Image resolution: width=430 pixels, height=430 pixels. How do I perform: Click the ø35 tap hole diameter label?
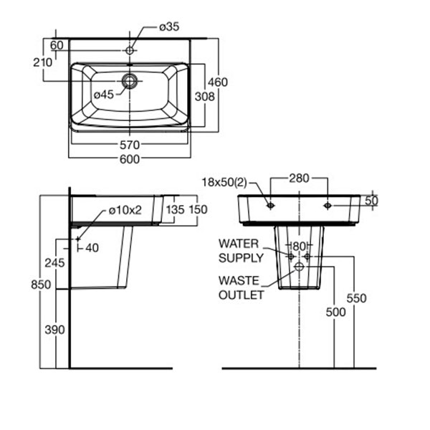pos(169,27)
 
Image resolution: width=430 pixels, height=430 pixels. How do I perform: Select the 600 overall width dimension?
pos(130,159)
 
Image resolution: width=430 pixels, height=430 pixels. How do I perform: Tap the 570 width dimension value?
pos(130,145)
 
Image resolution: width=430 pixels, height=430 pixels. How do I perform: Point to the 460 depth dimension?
pos(218,82)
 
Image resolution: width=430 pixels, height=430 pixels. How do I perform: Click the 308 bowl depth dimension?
pos(204,97)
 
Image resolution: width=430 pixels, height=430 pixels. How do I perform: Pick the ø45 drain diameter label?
pos(104,95)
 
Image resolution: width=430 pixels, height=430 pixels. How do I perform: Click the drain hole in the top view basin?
pos(130,81)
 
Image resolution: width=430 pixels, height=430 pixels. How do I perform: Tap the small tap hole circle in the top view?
pos(130,50)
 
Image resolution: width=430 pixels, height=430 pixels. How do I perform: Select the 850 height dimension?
pos(41,285)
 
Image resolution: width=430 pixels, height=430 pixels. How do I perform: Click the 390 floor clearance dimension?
pos(54,330)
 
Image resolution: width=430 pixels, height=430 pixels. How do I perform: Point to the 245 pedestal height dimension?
pos(54,263)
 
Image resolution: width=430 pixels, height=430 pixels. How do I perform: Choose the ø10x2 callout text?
pos(125,210)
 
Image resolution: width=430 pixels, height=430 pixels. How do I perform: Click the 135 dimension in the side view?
pos(176,210)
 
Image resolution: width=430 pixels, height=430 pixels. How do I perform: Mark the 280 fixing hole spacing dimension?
pos(299,178)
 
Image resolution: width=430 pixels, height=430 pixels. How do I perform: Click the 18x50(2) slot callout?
pos(224,182)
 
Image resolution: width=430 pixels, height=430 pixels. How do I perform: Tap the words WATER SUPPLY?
pos(241,251)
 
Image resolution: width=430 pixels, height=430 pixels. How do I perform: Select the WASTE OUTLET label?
pos(241,287)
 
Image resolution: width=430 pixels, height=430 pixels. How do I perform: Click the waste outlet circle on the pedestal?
pos(299,267)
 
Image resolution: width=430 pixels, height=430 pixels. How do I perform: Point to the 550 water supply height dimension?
pos(356,298)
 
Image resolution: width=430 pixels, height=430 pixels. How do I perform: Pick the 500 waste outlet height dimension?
pos(335,312)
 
